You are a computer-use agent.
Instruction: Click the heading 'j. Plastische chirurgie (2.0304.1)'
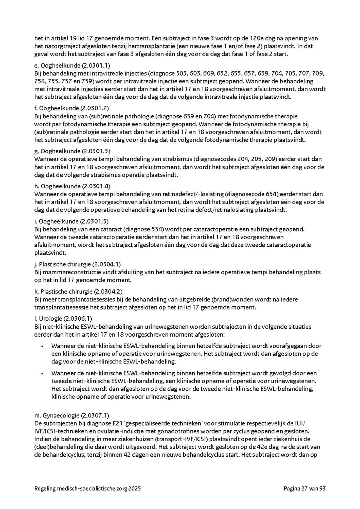click(78, 264)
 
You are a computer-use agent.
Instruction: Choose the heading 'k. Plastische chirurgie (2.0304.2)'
click(78, 291)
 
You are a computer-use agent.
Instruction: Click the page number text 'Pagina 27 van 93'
click(305, 489)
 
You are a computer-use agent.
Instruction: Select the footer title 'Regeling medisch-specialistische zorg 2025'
click(88, 489)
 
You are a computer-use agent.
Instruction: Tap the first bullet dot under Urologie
click(42, 346)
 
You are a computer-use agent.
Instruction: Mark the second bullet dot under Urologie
click(42, 373)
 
